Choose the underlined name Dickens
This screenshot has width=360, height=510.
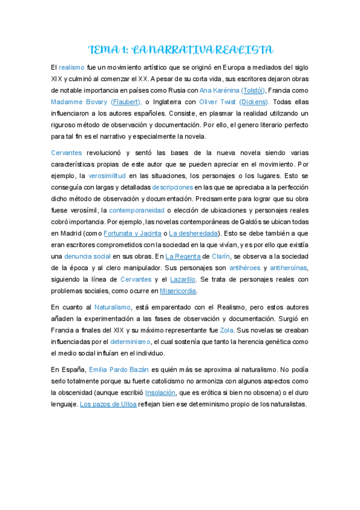[254, 102]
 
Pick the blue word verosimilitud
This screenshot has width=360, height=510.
[107, 176]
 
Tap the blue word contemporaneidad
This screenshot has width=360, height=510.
[139, 210]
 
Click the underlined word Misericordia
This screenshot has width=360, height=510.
[178, 290]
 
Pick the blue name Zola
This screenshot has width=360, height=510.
[227, 330]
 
